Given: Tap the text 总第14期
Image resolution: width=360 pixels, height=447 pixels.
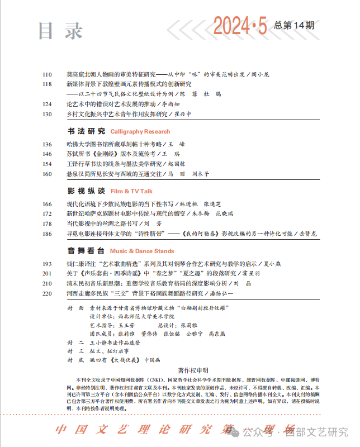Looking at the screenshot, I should (x=294, y=25).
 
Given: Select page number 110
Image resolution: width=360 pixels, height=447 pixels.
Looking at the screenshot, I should (x=46, y=74).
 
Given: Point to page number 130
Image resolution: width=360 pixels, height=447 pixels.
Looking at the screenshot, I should (x=46, y=114).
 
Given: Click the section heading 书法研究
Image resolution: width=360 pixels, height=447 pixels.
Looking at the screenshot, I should (x=86, y=131).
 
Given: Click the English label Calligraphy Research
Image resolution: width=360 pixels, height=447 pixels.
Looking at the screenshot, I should (x=140, y=132).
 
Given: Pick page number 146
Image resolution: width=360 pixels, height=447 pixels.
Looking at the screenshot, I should (x=46, y=154).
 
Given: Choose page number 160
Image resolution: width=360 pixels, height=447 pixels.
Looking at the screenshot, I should (x=46, y=174).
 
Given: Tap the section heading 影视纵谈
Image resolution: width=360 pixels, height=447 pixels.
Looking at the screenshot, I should (x=86, y=191).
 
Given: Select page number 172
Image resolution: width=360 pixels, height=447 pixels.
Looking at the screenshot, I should (x=46, y=213).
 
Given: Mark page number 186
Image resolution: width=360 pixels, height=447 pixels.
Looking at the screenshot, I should (x=46, y=234).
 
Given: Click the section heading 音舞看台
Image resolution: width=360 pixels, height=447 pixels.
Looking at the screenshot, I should (x=86, y=251).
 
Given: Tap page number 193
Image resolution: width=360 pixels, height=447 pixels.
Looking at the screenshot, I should (x=46, y=263).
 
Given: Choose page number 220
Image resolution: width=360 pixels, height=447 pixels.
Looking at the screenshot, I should (x=46, y=293).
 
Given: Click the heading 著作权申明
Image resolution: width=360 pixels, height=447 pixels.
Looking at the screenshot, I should (x=193, y=370).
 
